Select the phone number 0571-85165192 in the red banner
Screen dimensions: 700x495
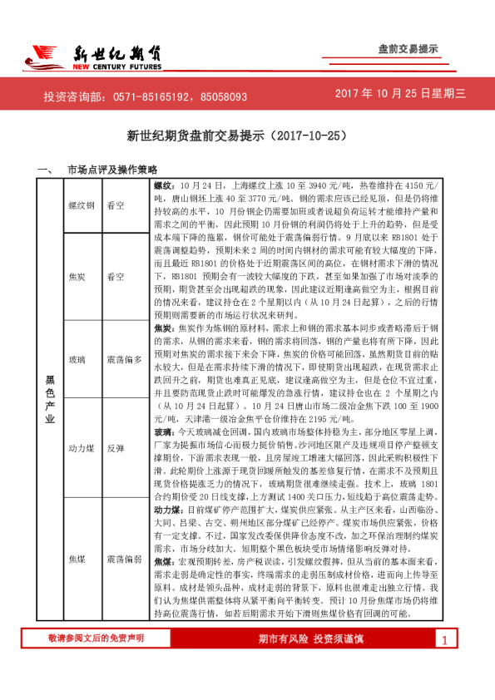[x=137, y=97]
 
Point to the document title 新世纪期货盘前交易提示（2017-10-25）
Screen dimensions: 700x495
[x=247, y=134]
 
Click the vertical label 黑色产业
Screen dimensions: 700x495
[x=49, y=400]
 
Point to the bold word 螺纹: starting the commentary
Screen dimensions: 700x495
[x=163, y=182]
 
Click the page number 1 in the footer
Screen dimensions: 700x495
[x=445, y=663]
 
